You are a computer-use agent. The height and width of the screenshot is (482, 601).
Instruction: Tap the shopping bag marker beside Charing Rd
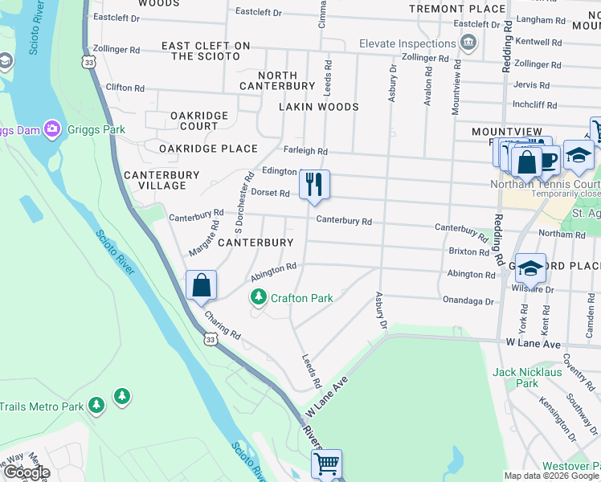coord(201,285)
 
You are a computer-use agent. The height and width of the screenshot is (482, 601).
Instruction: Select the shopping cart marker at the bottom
coord(326,464)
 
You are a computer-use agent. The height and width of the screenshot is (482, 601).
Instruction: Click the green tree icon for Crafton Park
coord(258,298)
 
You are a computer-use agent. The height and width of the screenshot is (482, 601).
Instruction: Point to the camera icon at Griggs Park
coord(52,129)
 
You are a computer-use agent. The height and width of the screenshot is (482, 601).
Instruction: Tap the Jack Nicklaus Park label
coord(527,378)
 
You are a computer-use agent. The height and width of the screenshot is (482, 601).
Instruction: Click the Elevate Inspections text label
coord(407,43)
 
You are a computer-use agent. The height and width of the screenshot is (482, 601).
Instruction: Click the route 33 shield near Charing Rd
coord(209,340)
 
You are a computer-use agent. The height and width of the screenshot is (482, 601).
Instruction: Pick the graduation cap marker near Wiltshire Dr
coord(529,268)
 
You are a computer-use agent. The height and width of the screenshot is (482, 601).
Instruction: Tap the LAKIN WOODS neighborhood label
coord(318,106)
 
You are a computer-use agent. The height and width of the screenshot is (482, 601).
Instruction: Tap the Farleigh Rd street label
coord(305,151)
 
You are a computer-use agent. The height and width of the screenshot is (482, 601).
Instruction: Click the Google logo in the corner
coord(27,472)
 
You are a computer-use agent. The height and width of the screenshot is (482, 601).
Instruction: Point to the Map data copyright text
coord(552,476)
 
